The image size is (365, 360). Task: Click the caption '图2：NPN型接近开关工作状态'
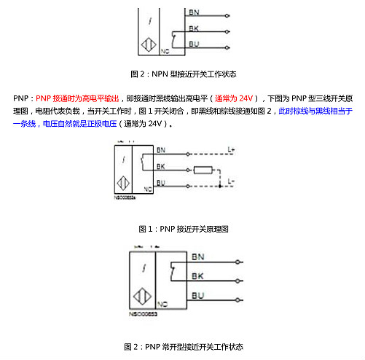[183, 74]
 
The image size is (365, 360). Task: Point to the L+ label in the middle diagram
[231, 151]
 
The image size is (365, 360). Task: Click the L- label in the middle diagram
[231, 180]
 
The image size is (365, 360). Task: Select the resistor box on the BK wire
[203, 171]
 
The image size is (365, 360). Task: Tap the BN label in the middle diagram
[161, 150]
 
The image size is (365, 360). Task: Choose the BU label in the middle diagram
[161, 182]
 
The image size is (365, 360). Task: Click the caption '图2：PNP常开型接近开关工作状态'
[183, 345]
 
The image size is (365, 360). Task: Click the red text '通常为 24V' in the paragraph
[235, 98]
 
